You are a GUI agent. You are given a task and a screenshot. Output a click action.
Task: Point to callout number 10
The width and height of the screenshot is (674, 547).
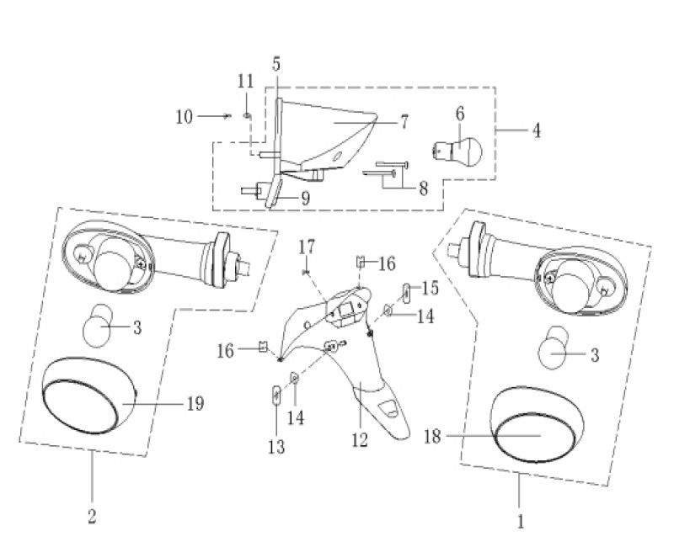184,117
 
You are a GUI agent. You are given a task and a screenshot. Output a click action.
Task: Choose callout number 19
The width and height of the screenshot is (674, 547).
195,403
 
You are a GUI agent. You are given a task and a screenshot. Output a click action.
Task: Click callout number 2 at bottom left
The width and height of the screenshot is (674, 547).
91,516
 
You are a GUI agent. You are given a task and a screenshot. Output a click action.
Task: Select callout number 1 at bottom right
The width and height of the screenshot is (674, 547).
520,523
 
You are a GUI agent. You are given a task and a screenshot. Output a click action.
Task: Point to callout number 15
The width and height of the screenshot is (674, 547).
430,288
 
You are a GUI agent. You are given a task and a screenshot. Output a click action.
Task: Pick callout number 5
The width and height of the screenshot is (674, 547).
276,63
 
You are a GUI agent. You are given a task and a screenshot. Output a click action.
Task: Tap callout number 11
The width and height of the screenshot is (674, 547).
245,82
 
